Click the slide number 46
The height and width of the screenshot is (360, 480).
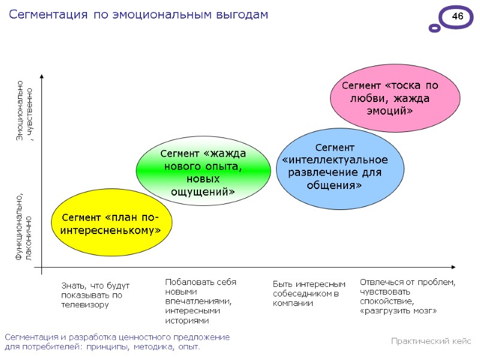[x=457, y=17]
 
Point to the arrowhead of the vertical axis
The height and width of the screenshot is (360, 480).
[x=42, y=77]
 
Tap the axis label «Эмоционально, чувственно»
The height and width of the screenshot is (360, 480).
[x=24, y=110]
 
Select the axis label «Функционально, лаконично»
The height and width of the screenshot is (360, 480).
[x=24, y=226]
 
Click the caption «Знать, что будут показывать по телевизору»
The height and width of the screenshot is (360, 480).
[x=95, y=295]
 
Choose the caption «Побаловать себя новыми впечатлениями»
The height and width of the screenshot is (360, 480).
[x=200, y=301]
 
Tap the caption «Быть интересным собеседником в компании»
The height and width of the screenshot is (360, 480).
[x=308, y=293]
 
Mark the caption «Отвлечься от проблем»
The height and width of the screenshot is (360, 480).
[x=407, y=296]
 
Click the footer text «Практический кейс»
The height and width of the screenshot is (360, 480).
[x=431, y=341]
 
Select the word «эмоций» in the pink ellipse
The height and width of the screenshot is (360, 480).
[x=390, y=112]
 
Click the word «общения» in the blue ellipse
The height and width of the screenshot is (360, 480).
[x=334, y=185]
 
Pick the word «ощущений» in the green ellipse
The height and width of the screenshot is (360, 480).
[x=203, y=192]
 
